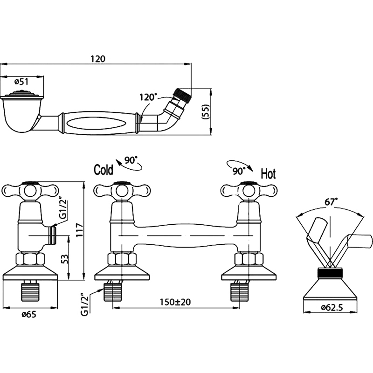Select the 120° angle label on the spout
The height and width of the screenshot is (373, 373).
pyautogui.click(x=148, y=97)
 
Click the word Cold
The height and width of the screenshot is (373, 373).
pyautogui.click(x=104, y=169)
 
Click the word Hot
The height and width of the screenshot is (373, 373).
pyautogui.click(x=268, y=174)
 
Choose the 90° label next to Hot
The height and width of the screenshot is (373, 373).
pyautogui.click(x=238, y=170)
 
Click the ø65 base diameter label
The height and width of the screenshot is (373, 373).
pyautogui.click(x=29, y=313)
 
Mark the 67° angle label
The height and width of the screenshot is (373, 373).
pyautogui.click(x=331, y=202)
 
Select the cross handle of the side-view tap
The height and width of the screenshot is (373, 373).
pyautogui.click(x=31, y=190)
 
